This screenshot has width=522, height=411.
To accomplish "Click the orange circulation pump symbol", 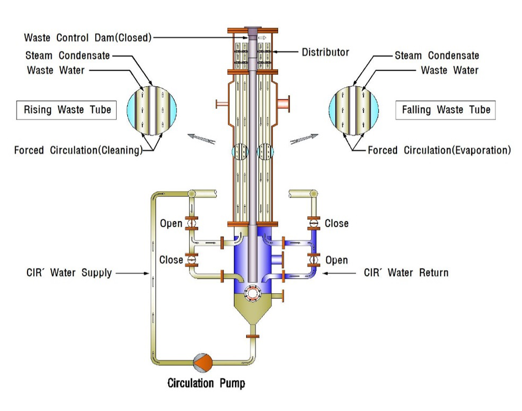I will click(x=202, y=362).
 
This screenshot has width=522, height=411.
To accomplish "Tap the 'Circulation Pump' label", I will click(x=206, y=383).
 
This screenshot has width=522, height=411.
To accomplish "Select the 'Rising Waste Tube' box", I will click(x=67, y=110).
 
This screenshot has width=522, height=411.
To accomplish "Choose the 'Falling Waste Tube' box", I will click(x=446, y=110).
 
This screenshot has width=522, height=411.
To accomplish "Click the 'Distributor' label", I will click(x=325, y=53).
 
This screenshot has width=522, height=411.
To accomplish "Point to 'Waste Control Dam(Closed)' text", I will click(x=87, y=38).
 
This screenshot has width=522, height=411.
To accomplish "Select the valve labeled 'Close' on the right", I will click(x=314, y=223).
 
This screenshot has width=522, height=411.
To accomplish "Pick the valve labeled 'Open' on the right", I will click(x=314, y=259).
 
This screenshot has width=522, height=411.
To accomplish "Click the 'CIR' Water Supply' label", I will click(x=69, y=273).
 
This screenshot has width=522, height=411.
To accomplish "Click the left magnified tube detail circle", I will click(x=152, y=111).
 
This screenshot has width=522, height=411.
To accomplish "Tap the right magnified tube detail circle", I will click(x=354, y=111).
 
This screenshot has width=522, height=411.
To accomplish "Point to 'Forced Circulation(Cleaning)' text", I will click(x=78, y=150).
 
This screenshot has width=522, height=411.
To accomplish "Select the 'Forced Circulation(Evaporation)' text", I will click(x=439, y=150).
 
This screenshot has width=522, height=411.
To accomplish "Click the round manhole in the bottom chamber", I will click(x=255, y=291).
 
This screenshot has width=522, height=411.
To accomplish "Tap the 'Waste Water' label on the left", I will click(x=56, y=70).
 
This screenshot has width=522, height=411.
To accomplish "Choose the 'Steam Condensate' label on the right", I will click(x=437, y=55).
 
